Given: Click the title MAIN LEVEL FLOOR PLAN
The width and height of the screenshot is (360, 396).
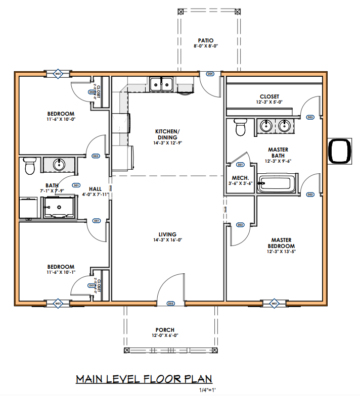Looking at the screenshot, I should tap(144, 379).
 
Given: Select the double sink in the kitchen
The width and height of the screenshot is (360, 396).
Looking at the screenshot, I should tap(162, 83).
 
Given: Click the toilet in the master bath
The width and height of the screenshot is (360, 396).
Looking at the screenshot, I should tap(240, 127).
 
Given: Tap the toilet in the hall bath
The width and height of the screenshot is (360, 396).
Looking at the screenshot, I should tap(30, 165).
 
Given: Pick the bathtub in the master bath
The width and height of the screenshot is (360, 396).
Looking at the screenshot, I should tap(276, 183).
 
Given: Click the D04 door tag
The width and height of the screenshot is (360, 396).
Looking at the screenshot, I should tap(210, 74).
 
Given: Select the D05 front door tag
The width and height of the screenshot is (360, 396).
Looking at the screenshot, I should tap(171, 304).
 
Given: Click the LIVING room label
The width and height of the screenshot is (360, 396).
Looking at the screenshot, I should tap(167, 234).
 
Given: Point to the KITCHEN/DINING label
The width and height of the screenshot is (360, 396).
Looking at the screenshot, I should tap(167, 134).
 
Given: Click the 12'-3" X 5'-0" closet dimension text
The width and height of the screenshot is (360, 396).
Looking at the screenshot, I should tap(269, 102).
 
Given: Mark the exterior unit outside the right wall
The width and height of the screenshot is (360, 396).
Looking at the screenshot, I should tap(339, 151).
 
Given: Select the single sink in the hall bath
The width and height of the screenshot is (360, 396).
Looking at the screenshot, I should tap(60, 165).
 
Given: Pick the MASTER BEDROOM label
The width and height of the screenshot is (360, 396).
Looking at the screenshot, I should tap(281, 243).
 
